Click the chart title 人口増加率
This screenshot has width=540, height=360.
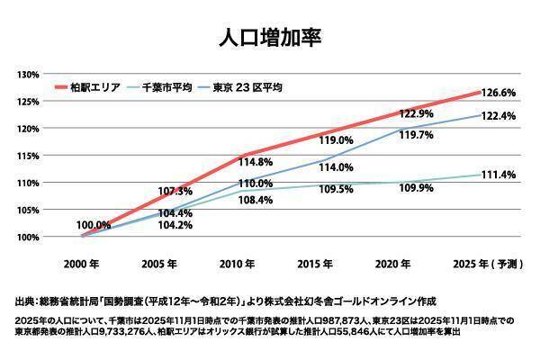[270, 38]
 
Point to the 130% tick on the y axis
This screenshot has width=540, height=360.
[26, 74]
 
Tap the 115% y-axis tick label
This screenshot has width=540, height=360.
[26, 156]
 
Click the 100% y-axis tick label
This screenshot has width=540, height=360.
[26, 238]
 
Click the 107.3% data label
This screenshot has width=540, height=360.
[175, 192]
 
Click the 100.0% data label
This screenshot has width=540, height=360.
[94, 225]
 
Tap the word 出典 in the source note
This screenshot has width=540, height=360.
[25, 301]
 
